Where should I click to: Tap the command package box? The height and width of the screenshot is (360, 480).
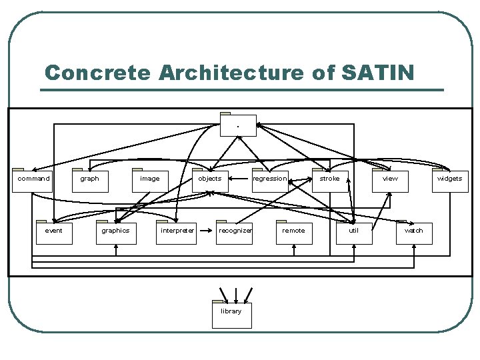33,180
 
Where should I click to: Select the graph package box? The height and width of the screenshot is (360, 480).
90,180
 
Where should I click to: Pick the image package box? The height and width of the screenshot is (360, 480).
150,180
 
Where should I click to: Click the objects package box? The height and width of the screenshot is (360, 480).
210,180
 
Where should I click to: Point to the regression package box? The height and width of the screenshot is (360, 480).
270,180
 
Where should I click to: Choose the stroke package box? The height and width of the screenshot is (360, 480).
330,180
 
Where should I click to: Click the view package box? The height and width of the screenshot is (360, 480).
390,180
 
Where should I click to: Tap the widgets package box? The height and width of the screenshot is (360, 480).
450,180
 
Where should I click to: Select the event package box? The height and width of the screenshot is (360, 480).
53,232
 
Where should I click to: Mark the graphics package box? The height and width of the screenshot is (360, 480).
115,232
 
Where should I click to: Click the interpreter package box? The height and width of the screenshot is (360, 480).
177,232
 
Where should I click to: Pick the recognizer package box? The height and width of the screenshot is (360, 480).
235,232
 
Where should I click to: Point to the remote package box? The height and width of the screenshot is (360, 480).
294,232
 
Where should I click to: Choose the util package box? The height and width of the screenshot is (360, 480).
354,232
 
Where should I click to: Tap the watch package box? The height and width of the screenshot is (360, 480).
414,232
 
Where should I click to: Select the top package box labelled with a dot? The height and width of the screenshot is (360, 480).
238,125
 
